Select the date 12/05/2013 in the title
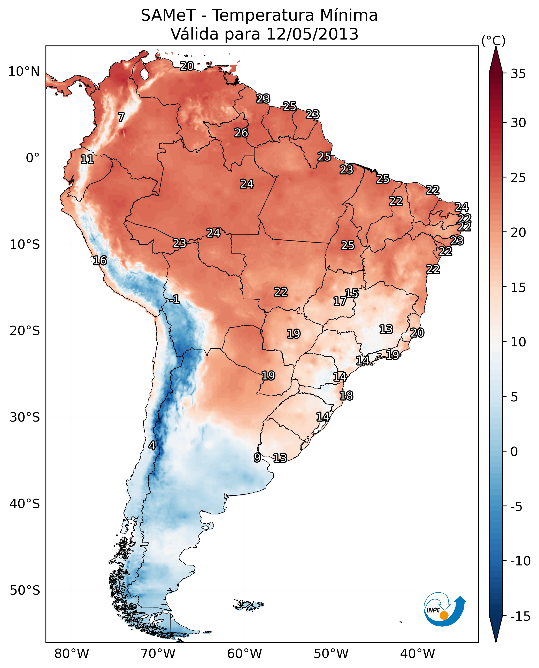(312, 34)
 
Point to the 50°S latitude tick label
(25, 590)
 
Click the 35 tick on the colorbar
(518, 74)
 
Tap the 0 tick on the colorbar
(514, 452)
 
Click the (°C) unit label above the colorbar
(493, 41)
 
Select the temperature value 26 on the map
(241, 133)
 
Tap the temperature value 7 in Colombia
(121, 117)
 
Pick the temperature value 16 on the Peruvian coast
(100, 260)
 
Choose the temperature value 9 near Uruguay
(257, 457)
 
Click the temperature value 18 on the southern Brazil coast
(346, 396)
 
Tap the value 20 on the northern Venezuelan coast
(187, 66)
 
